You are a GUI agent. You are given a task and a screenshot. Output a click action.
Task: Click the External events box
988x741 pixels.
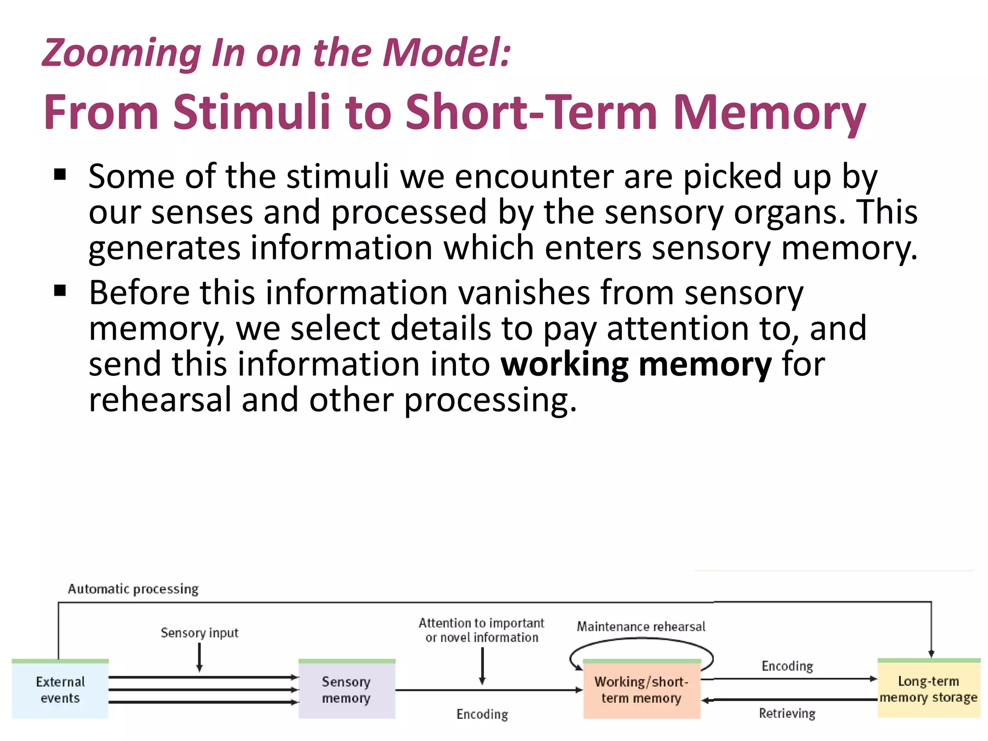point(60,689)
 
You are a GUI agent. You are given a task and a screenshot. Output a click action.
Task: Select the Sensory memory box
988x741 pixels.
point(346,689)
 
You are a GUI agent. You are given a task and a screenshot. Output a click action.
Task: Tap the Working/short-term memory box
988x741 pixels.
point(641,689)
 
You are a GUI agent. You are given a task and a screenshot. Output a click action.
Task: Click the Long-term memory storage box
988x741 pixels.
point(928,689)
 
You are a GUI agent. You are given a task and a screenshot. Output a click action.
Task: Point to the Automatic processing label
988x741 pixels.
point(133,589)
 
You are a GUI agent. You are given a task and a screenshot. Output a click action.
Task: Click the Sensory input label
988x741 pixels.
point(199,632)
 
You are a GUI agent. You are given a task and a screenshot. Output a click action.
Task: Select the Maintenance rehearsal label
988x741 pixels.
point(641,626)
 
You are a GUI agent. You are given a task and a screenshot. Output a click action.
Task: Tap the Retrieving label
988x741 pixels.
point(787,713)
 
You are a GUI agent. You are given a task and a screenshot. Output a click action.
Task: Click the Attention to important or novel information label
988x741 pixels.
point(481,630)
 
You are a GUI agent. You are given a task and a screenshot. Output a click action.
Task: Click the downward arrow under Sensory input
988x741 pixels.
point(199,658)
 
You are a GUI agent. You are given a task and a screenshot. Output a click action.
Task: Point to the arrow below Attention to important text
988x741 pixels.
point(482,666)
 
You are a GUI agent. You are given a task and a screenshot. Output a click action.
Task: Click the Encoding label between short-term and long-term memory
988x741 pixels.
point(787,666)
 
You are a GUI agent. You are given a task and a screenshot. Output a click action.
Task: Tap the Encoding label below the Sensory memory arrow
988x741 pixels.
point(482,714)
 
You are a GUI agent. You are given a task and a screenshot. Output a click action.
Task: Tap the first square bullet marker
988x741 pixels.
point(60,175)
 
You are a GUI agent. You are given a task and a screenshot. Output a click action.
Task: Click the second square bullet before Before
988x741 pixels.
point(60,291)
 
